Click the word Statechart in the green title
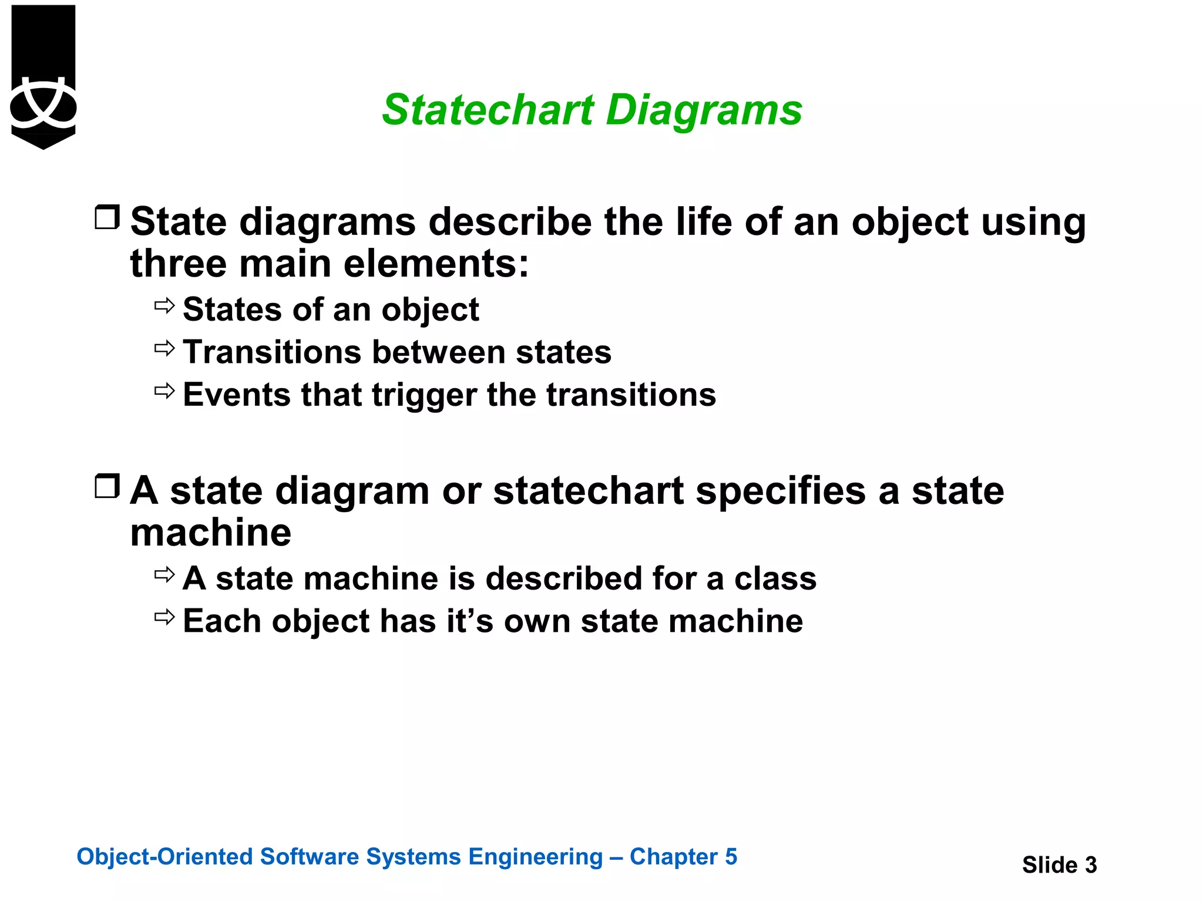click(488, 110)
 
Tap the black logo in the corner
click(43, 76)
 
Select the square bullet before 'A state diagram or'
click(107, 486)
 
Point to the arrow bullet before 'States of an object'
click(165, 306)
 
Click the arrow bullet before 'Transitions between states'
click(165, 349)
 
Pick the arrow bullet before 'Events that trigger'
click(165, 391)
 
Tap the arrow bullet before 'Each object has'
click(165, 617)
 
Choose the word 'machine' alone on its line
click(211, 533)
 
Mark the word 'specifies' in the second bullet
click(781, 491)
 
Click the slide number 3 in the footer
click(1090, 865)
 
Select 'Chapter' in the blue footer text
click(673, 857)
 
